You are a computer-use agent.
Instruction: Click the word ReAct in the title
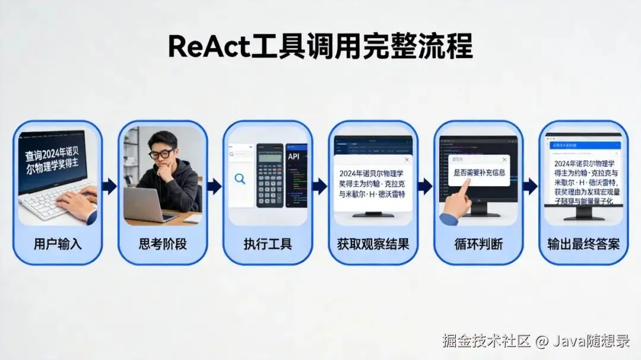[x=208, y=46]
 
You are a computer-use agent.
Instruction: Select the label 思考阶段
[x=163, y=244]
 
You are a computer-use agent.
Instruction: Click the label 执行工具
[x=268, y=244]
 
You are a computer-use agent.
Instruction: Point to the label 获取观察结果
[x=373, y=244]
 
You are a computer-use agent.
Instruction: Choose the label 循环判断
[x=478, y=244]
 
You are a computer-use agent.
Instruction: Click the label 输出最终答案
[x=583, y=244]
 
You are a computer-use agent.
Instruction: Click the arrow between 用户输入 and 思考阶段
[x=110, y=186]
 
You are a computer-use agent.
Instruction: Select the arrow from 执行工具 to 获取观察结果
[x=320, y=186]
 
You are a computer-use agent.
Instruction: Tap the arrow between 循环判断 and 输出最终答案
[x=530, y=186]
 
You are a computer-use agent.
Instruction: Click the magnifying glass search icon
[x=240, y=178]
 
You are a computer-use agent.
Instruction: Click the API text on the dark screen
[x=294, y=157]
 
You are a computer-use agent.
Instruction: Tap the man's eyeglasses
[x=161, y=154]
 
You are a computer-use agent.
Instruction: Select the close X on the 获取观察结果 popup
[x=407, y=160]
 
